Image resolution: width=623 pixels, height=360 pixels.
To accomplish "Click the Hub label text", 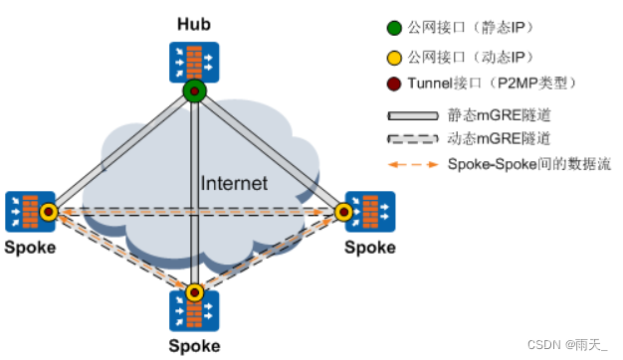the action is click(194, 24).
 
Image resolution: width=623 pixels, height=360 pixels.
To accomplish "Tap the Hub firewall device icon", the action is click(194, 63).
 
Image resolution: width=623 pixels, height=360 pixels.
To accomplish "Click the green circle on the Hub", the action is click(195, 91).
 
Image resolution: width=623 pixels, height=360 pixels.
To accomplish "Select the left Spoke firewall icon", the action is click(30, 212).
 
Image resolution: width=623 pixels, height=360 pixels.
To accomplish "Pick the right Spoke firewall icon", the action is click(370, 212).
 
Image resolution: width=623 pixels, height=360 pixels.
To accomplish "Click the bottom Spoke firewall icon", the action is click(194, 311).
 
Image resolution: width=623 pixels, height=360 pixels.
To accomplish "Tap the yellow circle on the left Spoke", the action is click(49, 212).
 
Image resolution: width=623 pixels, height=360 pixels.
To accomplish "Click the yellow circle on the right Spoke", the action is click(343, 212).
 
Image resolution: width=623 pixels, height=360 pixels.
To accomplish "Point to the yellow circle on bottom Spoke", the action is click(194, 293).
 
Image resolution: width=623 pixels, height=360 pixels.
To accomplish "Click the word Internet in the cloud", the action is click(234, 183).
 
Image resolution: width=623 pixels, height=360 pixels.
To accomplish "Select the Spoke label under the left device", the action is click(30, 248).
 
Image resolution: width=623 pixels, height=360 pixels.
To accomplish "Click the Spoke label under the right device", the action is click(370, 248).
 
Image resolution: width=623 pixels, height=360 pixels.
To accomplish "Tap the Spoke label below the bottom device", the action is click(194, 346).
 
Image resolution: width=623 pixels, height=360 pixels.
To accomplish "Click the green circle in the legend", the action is click(394, 28).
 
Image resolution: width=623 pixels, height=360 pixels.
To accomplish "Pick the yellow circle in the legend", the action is click(394, 58).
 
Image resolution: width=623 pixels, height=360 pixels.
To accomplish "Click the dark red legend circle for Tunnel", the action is click(394, 84).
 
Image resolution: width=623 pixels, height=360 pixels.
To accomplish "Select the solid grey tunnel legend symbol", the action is click(413, 115).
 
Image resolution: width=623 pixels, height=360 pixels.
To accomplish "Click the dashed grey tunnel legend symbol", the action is click(413, 139).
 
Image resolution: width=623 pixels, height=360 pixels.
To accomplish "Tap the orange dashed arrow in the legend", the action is click(413, 164).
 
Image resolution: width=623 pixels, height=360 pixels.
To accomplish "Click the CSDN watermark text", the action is click(567, 344).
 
